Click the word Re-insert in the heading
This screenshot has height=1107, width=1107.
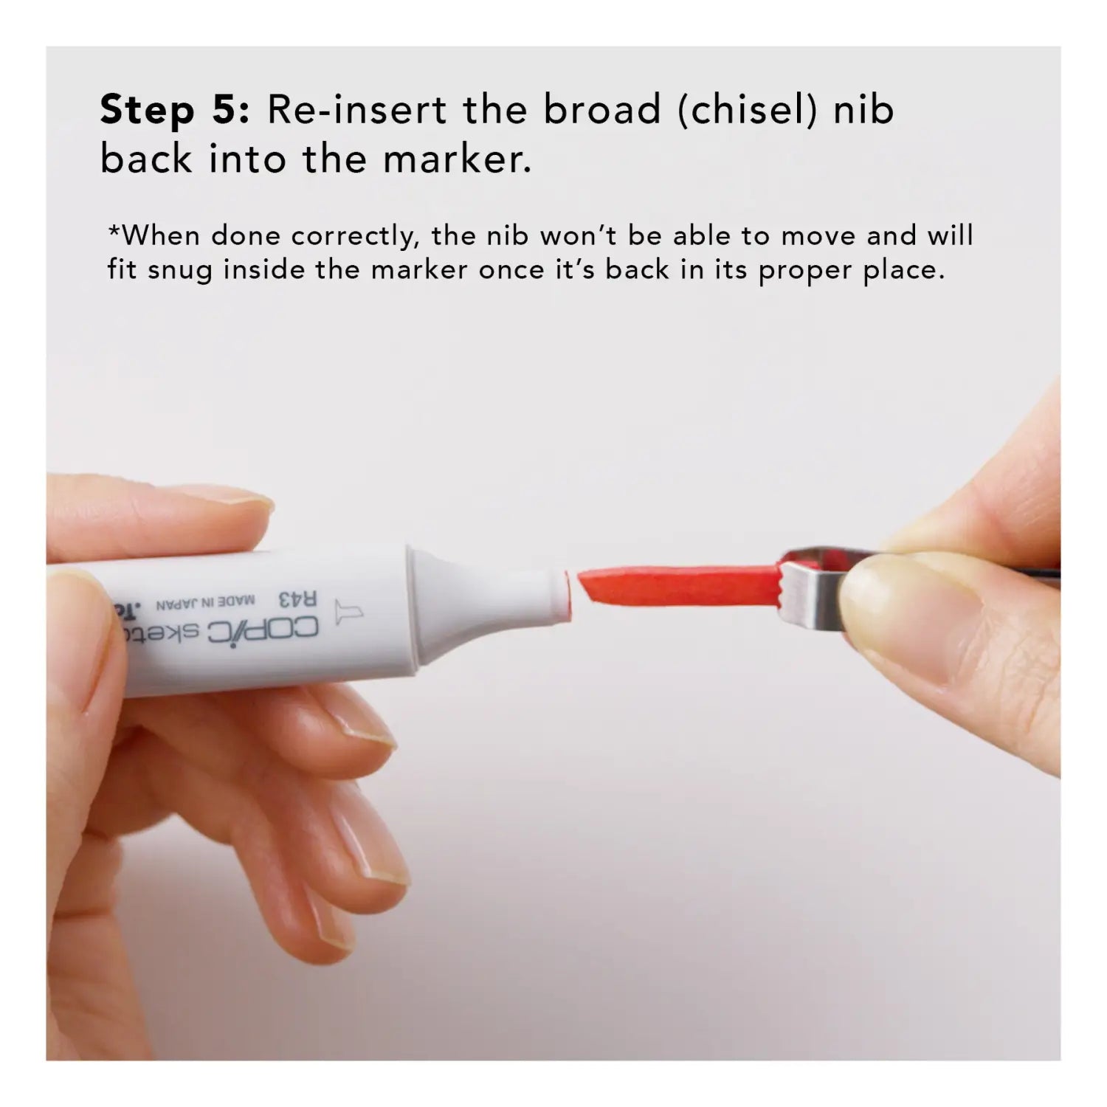tap(356, 111)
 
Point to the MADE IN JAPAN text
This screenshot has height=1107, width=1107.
tap(205, 603)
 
